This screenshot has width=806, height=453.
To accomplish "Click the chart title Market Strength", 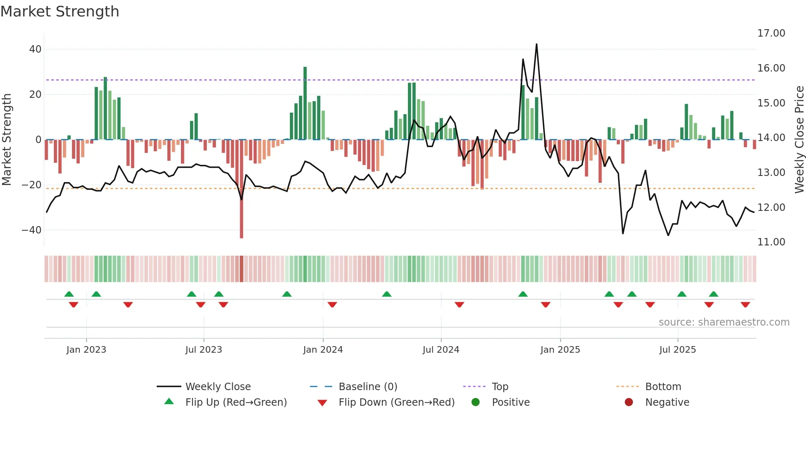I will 60,12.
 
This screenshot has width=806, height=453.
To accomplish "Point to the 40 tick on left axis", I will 35,49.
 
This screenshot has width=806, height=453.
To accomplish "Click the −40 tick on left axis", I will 32,230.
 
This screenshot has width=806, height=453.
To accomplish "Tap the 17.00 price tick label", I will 771,33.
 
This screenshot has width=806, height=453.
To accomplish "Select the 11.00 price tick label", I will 771,242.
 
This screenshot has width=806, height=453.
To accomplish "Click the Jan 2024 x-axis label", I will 323,350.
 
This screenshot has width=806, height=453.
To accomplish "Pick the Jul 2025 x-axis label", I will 677,350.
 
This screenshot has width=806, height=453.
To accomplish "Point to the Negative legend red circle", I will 629,402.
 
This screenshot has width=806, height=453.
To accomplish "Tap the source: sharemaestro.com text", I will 724,322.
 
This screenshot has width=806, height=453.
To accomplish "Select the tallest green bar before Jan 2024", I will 305,103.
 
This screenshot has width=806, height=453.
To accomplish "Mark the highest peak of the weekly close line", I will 536,44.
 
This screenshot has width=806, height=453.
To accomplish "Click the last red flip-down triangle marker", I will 745,305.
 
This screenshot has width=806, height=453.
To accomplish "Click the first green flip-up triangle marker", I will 69,294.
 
